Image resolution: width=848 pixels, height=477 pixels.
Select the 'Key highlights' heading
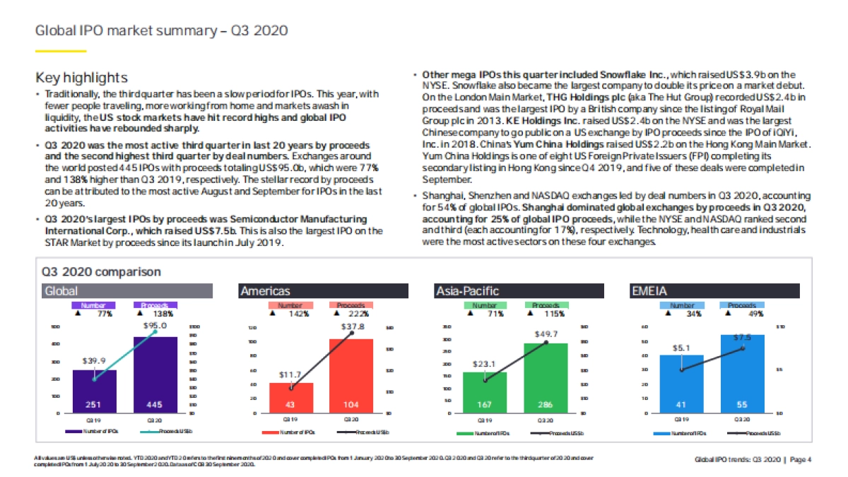pos(81,77)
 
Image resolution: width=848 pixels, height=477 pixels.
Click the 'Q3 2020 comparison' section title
pos(100,271)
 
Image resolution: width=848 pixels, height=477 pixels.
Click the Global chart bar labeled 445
pos(155,375)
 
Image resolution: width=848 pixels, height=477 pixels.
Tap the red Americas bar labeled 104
pos(351,375)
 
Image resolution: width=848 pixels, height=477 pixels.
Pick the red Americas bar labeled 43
pos(290,397)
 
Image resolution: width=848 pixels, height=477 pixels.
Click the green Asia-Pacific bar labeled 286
pos(546,377)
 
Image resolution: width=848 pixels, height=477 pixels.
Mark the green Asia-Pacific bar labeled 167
pos(484,392)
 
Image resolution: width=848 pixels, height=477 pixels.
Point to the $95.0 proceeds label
pos(155,326)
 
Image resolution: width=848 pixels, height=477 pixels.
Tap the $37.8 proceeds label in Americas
pos(352,327)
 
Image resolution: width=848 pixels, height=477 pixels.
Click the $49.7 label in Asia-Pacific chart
pos(546,333)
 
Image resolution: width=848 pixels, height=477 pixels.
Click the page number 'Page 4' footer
pos(800,460)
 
